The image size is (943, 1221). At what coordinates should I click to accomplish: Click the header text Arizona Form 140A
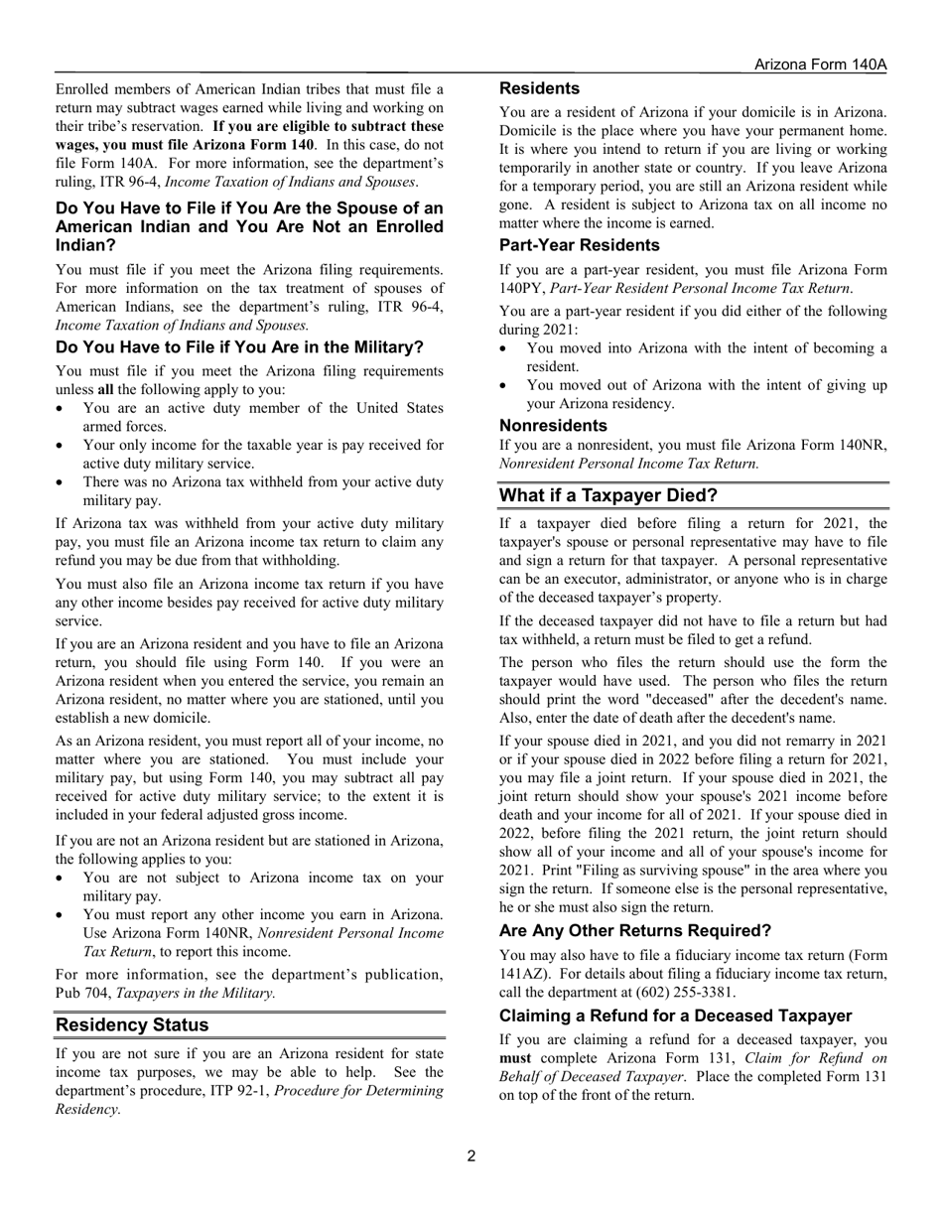click(819, 65)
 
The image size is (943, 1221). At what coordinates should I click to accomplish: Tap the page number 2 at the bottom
click(471, 1155)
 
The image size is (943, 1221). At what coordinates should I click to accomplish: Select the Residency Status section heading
click(132, 1024)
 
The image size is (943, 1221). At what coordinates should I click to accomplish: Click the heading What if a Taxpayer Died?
click(607, 495)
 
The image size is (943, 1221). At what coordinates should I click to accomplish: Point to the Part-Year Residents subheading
click(579, 245)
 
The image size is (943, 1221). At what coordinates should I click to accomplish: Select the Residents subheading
click(539, 89)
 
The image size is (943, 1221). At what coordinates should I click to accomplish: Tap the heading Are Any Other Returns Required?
click(634, 931)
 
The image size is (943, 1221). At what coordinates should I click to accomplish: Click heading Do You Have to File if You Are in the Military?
click(239, 347)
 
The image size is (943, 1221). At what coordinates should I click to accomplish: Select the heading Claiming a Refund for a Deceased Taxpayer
click(675, 1017)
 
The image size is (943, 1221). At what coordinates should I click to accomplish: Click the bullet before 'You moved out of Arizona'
click(506, 385)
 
